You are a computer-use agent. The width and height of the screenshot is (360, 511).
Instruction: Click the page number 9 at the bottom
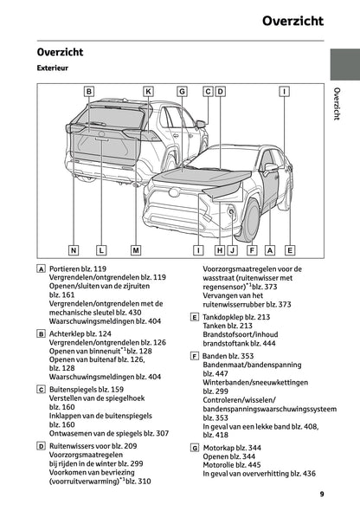click(320, 495)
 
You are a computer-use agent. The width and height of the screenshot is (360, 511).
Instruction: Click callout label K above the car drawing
click(148, 91)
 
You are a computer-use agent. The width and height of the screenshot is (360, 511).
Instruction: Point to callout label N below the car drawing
click(74, 250)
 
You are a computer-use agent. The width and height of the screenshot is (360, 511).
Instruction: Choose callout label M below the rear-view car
click(136, 250)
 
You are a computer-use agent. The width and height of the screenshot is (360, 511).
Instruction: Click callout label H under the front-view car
click(220, 250)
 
